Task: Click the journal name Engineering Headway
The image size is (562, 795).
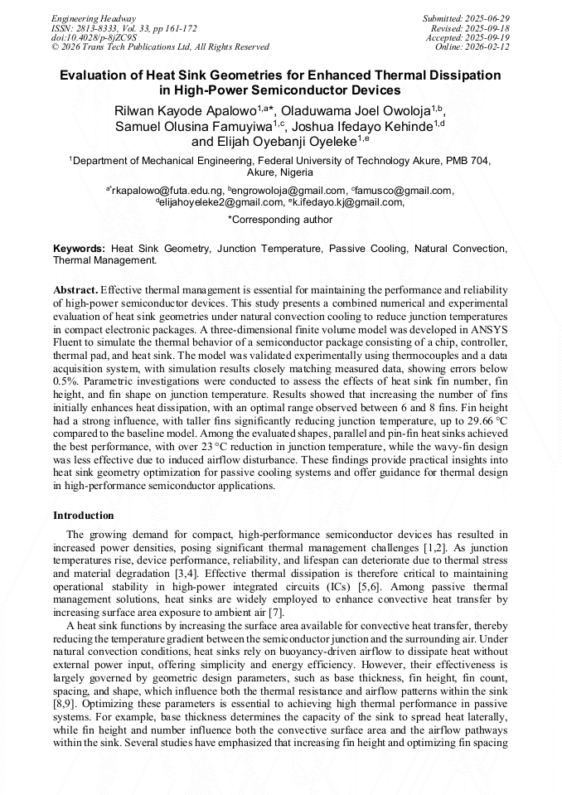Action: [94, 18]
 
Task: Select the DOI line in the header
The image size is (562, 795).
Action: [94, 37]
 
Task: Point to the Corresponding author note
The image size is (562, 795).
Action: [280, 220]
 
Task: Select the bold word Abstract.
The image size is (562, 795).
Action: [75, 290]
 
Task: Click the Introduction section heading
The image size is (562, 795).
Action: [84, 515]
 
